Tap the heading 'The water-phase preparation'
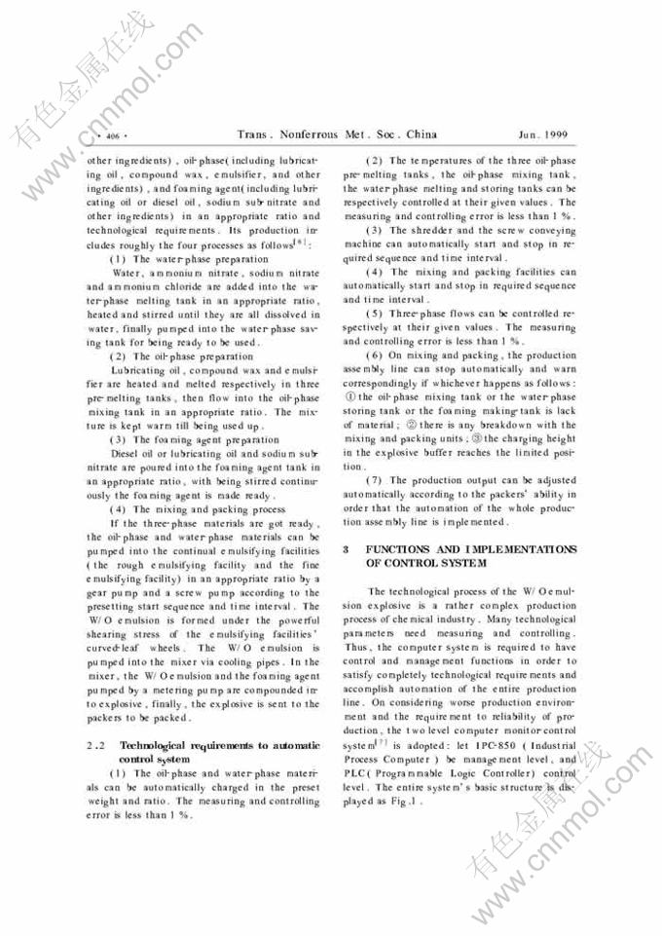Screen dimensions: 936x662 (x=200, y=260)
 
